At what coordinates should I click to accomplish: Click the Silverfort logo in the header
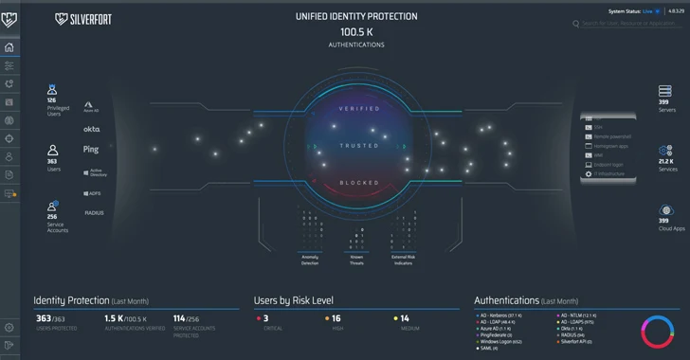click(x=83, y=18)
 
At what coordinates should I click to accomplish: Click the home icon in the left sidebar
click(x=9, y=47)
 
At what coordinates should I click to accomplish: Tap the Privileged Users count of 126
click(x=52, y=99)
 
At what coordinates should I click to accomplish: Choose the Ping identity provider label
click(x=91, y=150)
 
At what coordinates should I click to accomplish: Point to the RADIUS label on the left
click(x=94, y=213)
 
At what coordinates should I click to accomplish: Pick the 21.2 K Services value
click(x=665, y=162)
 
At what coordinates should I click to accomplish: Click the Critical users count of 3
click(x=266, y=318)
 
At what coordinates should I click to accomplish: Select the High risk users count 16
click(x=336, y=318)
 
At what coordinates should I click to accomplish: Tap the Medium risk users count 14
click(x=405, y=318)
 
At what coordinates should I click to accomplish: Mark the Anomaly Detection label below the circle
click(x=310, y=259)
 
